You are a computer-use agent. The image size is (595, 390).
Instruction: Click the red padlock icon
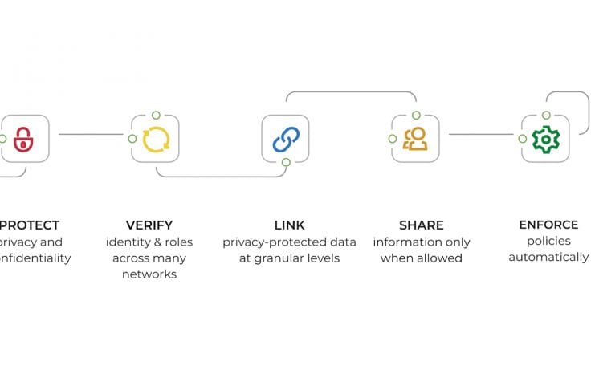(x=24, y=139)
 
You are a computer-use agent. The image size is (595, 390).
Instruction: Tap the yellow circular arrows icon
(x=155, y=139)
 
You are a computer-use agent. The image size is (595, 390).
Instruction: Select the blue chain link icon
(x=285, y=139)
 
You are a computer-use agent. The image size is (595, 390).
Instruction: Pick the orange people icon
(x=415, y=139)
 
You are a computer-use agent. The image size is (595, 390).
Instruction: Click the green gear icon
(x=546, y=139)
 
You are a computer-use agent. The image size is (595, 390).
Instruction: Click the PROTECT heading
(x=30, y=225)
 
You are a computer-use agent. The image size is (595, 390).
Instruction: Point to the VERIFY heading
(x=149, y=225)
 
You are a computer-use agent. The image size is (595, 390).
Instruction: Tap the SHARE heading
(x=422, y=225)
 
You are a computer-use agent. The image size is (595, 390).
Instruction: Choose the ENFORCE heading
(x=548, y=225)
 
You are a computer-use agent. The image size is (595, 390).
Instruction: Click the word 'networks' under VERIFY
(x=149, y=274)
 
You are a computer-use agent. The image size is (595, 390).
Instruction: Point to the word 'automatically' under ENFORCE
(x=548, y=258)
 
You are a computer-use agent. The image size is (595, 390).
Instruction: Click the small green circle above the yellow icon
(x=156, y=116)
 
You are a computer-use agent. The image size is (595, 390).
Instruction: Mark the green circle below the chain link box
(x=286, y=163)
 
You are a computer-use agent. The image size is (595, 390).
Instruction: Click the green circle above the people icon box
(x=416, y=116)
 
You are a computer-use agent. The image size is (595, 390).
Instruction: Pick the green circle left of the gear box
(x=523, y=139)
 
